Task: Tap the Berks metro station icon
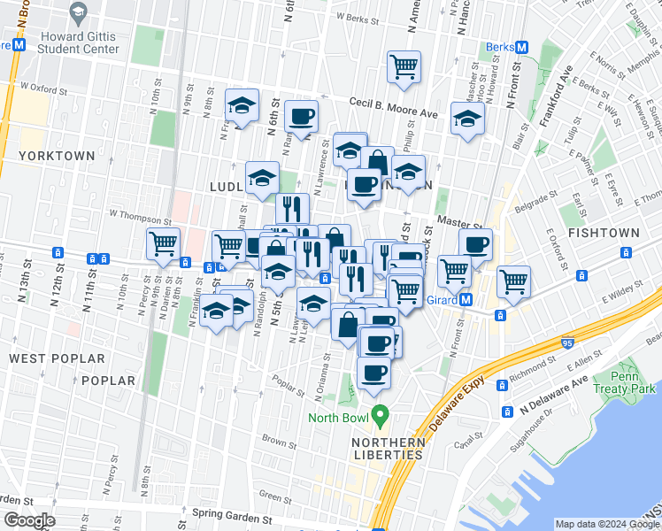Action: point(521,47)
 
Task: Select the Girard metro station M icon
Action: point(466,300)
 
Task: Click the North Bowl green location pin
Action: point(381,413)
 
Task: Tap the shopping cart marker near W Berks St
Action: point(404,65)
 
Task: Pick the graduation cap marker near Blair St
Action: point(467,119)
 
